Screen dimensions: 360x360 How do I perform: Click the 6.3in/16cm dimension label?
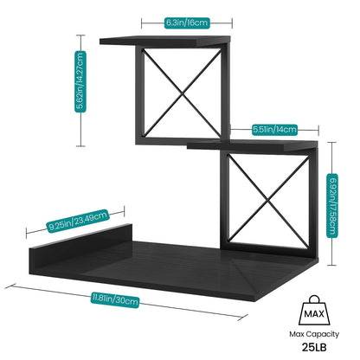(x=187, y=22)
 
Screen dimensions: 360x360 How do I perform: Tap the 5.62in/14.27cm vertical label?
(x=80, y=81)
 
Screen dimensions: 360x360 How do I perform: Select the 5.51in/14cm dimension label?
(x=274, y=130)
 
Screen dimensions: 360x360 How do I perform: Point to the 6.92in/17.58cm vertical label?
(x=332, y=206)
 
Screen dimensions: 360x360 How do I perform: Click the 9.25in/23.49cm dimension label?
(x=78, y=221)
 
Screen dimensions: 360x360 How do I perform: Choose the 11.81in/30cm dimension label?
(x=115, y=300)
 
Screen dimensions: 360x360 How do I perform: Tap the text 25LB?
(x=314, y=347)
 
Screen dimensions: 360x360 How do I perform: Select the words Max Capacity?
(x=314, y=334)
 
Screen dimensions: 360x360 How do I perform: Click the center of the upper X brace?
(x=183, y=93)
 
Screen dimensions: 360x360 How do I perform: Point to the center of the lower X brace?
(x=268, y=199)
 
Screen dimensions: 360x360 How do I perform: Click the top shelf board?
(x=164, y=41)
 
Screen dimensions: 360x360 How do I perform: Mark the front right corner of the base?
(x=254, y=300)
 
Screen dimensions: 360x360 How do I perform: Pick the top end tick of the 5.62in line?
(x=80, y=35)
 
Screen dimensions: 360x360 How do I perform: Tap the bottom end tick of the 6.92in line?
(x=332, y=265)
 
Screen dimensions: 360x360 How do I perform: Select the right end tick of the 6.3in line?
(x=232, y=23)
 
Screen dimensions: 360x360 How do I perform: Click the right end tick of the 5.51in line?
(x=318, y=130)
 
